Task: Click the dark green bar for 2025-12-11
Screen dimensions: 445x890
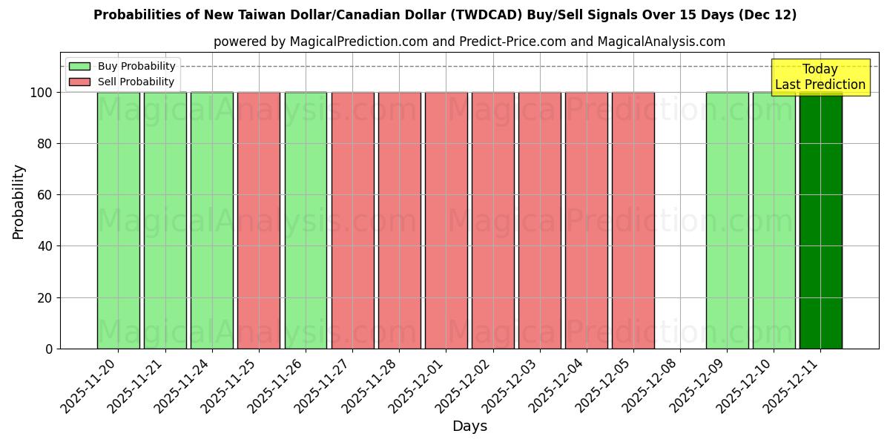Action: point(820,220)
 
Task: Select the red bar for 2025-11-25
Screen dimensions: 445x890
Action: point(259,220)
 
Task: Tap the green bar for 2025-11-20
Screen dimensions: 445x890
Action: point(118,220)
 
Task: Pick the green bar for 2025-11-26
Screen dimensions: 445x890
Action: point(306,220)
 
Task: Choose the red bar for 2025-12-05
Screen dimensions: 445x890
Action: point(633,220)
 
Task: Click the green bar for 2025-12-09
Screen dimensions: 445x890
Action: point(727,220)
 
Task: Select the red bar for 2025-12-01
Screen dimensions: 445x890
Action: point(446,220)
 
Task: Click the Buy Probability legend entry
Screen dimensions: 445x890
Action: point(122,66)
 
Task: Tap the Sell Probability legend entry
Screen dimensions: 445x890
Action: point(122,82)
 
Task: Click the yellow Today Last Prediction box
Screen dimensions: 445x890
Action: point(820,77)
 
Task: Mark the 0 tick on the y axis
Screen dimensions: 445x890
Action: point(49,349)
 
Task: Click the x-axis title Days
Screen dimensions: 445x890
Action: point(469,426)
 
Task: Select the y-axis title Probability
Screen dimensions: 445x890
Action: point(19,201)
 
